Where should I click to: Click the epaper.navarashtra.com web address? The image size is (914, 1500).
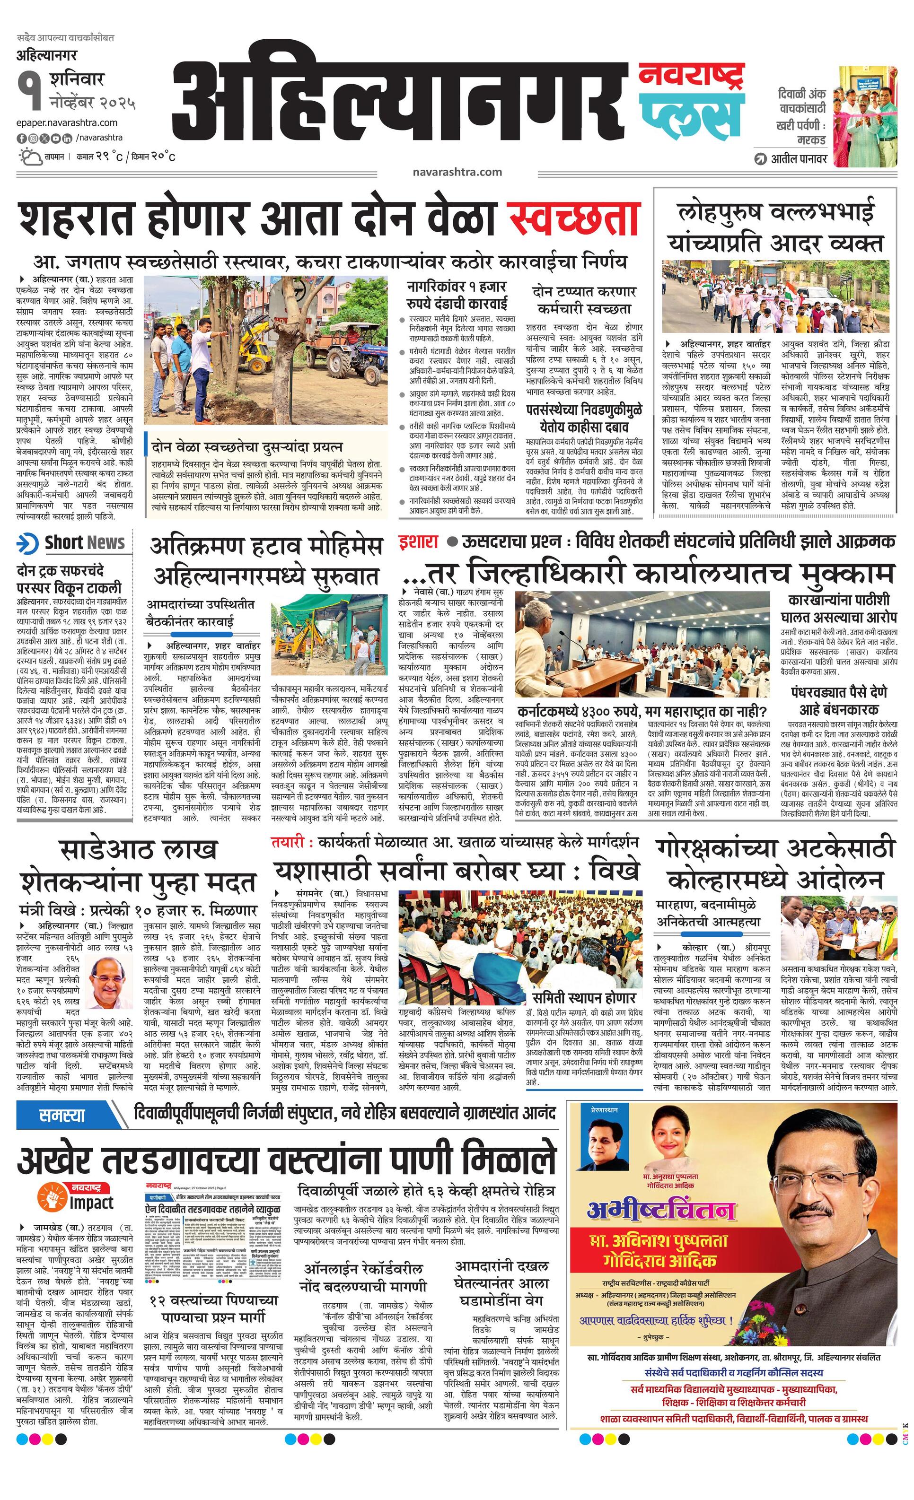point(67,123)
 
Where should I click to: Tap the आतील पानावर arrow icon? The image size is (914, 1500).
point(761,159)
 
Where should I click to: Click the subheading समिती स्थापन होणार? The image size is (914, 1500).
point(583,996)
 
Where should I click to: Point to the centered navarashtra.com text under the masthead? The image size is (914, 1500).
point(457,172)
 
